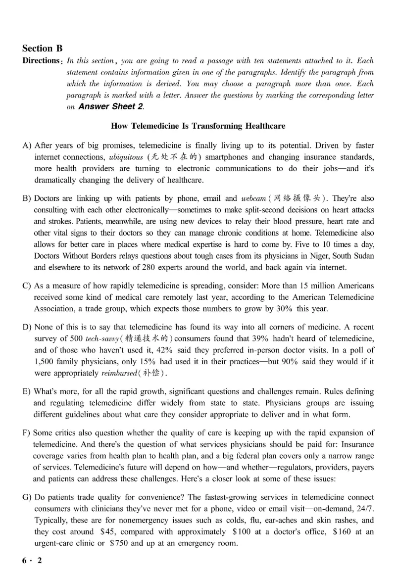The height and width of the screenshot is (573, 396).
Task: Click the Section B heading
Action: click(x=43, y=48)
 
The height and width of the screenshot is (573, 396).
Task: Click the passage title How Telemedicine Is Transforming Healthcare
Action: click(x=198, y=126)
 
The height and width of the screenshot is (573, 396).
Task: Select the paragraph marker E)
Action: click(x=27, y=391)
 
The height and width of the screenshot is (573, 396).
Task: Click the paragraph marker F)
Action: click(x=27, y=433)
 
